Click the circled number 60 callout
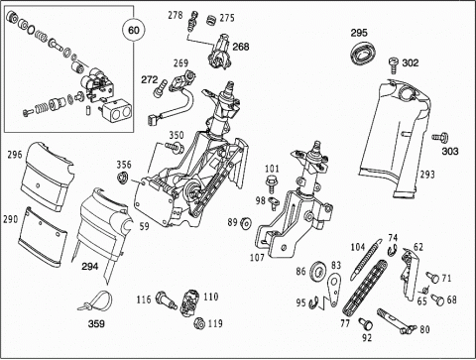pos(134,31)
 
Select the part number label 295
pos(359,33)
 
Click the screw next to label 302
pos(394,64)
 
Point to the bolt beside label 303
pos(440,136)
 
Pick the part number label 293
pos(427,174)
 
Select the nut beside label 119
pos(198,323)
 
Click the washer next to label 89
pos(246,223)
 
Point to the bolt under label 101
pos(271,183)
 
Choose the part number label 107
pos(257,257)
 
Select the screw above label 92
pos(366,324)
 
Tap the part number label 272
pos(150,79)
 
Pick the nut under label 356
pos(122,178)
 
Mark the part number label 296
pos(15,155)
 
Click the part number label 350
pos(177,135)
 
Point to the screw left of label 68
pos(437,300)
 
